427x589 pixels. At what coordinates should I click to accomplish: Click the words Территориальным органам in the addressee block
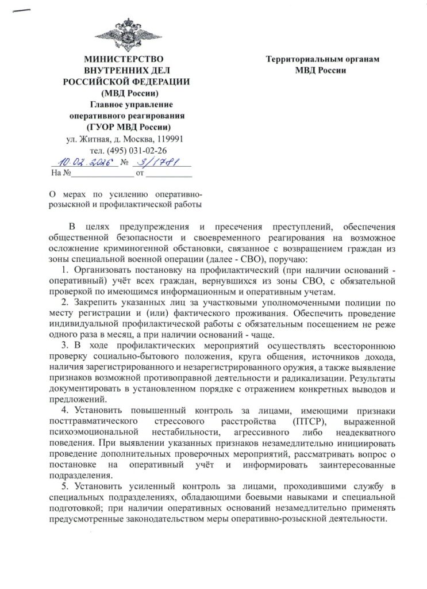click(322, 59)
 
